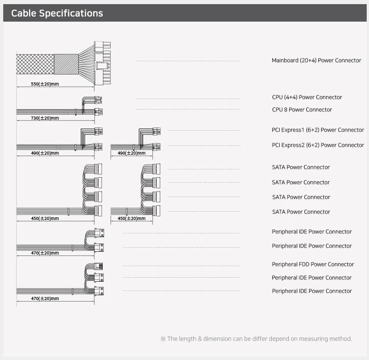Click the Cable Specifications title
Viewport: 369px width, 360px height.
point(57,13)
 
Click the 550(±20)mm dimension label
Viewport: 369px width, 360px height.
point(45,84)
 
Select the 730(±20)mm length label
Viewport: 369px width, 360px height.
point(45,118)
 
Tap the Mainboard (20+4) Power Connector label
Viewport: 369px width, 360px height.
point(316,60)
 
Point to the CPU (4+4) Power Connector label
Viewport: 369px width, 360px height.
point(307,97)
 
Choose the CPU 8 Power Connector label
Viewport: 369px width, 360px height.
point(302,110)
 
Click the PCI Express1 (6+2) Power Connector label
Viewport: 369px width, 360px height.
point(318,130)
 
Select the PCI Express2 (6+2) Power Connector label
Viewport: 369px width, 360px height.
point(318,145)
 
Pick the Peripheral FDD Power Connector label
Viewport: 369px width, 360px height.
point(313,264)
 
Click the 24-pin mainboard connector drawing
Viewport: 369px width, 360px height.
point(102,63)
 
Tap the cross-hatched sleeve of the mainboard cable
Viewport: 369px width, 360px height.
point(35,64)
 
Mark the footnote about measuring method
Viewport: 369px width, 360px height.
point(256,339)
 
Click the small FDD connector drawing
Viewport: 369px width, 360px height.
point(99,267)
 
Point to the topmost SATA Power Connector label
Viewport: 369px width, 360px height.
point(301,167)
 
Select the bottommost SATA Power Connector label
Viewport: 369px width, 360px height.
point(301,212)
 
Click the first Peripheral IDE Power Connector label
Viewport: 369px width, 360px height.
point(312,232)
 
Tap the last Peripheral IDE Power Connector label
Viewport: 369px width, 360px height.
point(312,291)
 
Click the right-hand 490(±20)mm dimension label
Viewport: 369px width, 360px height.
point(132,153)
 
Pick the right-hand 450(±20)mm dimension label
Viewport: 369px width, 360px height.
point(132,219)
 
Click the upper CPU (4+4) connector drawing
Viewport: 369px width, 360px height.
point(98,100)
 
